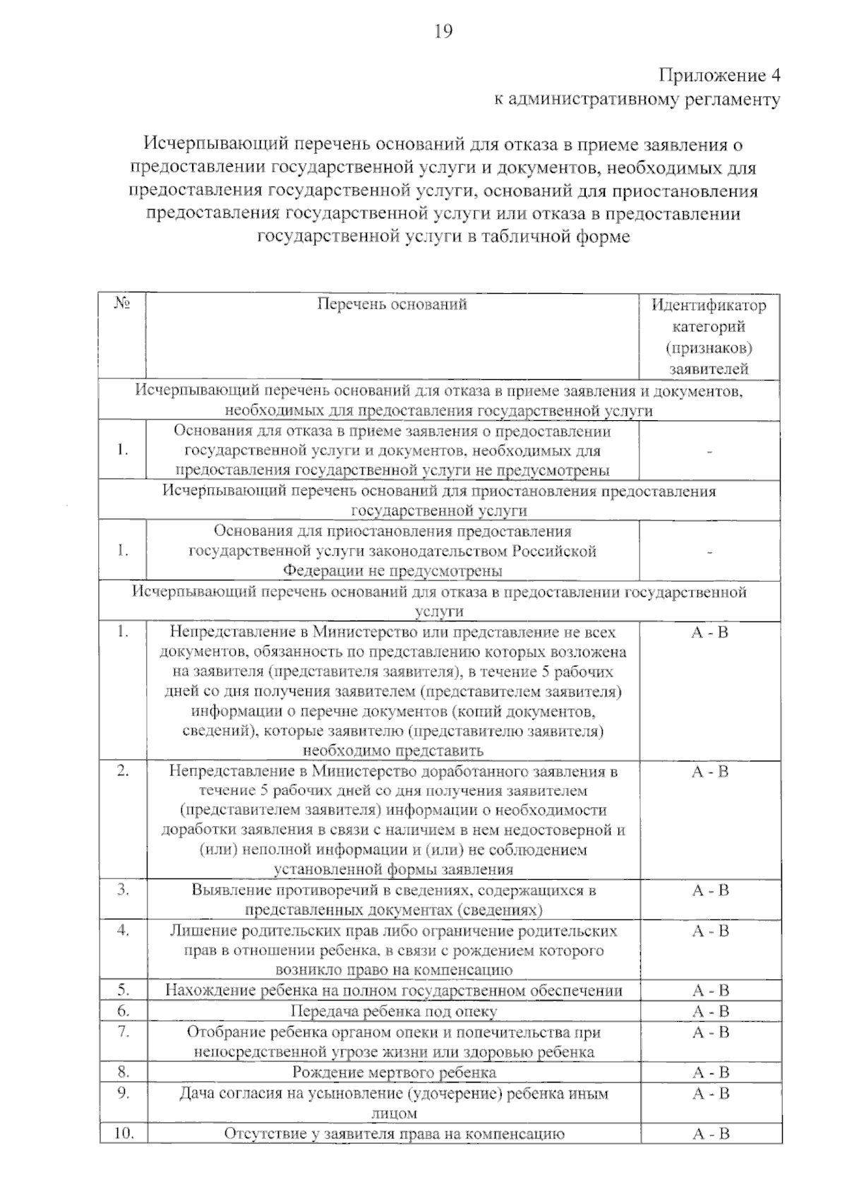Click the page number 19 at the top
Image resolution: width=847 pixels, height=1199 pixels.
[443, 31]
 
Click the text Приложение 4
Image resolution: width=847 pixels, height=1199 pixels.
[719, 75]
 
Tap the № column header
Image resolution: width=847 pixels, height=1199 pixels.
[122, 304]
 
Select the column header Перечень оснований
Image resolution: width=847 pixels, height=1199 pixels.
[392, 304]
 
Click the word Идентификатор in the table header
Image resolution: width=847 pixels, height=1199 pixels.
[708, 306]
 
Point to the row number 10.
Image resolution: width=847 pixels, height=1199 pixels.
[124, 1134]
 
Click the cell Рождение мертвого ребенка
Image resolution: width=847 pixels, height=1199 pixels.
[394, 1073]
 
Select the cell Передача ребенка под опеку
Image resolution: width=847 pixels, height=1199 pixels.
[394, 1011]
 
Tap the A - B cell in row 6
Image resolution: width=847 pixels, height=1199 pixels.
[709, 1011]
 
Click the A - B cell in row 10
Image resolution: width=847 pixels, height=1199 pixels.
[709, 1134]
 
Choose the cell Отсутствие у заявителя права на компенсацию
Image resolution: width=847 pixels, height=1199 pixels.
[394, 1134]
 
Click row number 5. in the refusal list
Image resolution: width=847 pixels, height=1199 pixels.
[124, 990]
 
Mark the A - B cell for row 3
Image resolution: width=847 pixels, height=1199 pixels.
[709, 890]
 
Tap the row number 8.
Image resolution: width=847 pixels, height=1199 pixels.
[124, 1072]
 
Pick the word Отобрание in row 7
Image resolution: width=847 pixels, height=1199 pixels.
[222, 1032]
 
